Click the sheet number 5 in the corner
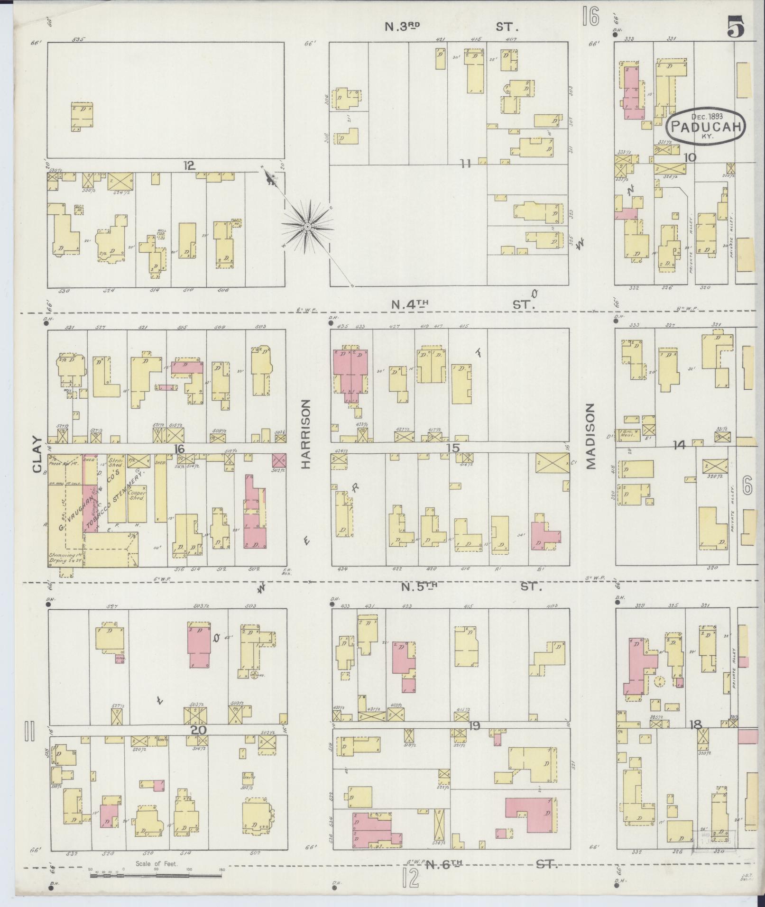(x=735, y=28)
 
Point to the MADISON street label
(x=590, y=436)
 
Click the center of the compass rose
(x=307, y=227)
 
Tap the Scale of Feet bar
(x=157, y=873)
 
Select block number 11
(x=466, y=164)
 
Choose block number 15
(x=453, y=448)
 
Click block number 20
(x=199, y=743)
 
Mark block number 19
(x=473, y=738)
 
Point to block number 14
(x=679, y=445)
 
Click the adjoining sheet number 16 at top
(x=591, y=18)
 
